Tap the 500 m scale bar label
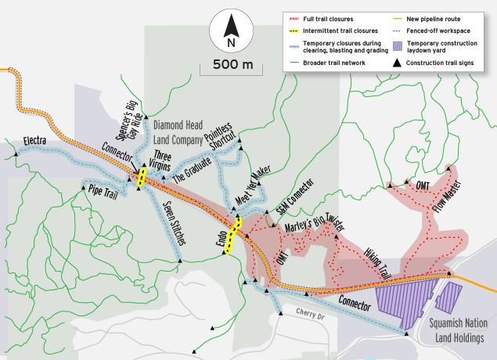[x=232, y=65]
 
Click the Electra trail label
[x=35, y=141]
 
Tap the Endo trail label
[x=221, y=239]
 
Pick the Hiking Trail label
[x=378, y=264]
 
